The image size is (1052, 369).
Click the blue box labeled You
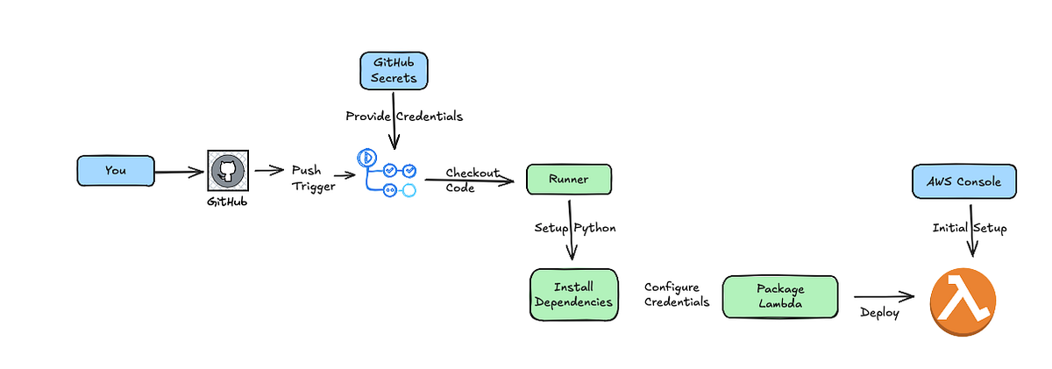116,170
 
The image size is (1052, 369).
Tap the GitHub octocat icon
227,170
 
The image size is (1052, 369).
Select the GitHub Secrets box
394,70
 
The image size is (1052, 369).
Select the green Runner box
568,180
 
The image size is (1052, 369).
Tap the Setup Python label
575,227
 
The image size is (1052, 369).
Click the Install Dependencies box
574,294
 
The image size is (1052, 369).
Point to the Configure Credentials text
677,294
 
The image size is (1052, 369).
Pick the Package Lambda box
779,296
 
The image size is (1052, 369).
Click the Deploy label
879,313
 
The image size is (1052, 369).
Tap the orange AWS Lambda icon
964,301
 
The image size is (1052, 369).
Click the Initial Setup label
969,227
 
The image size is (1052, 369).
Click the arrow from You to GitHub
180,171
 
